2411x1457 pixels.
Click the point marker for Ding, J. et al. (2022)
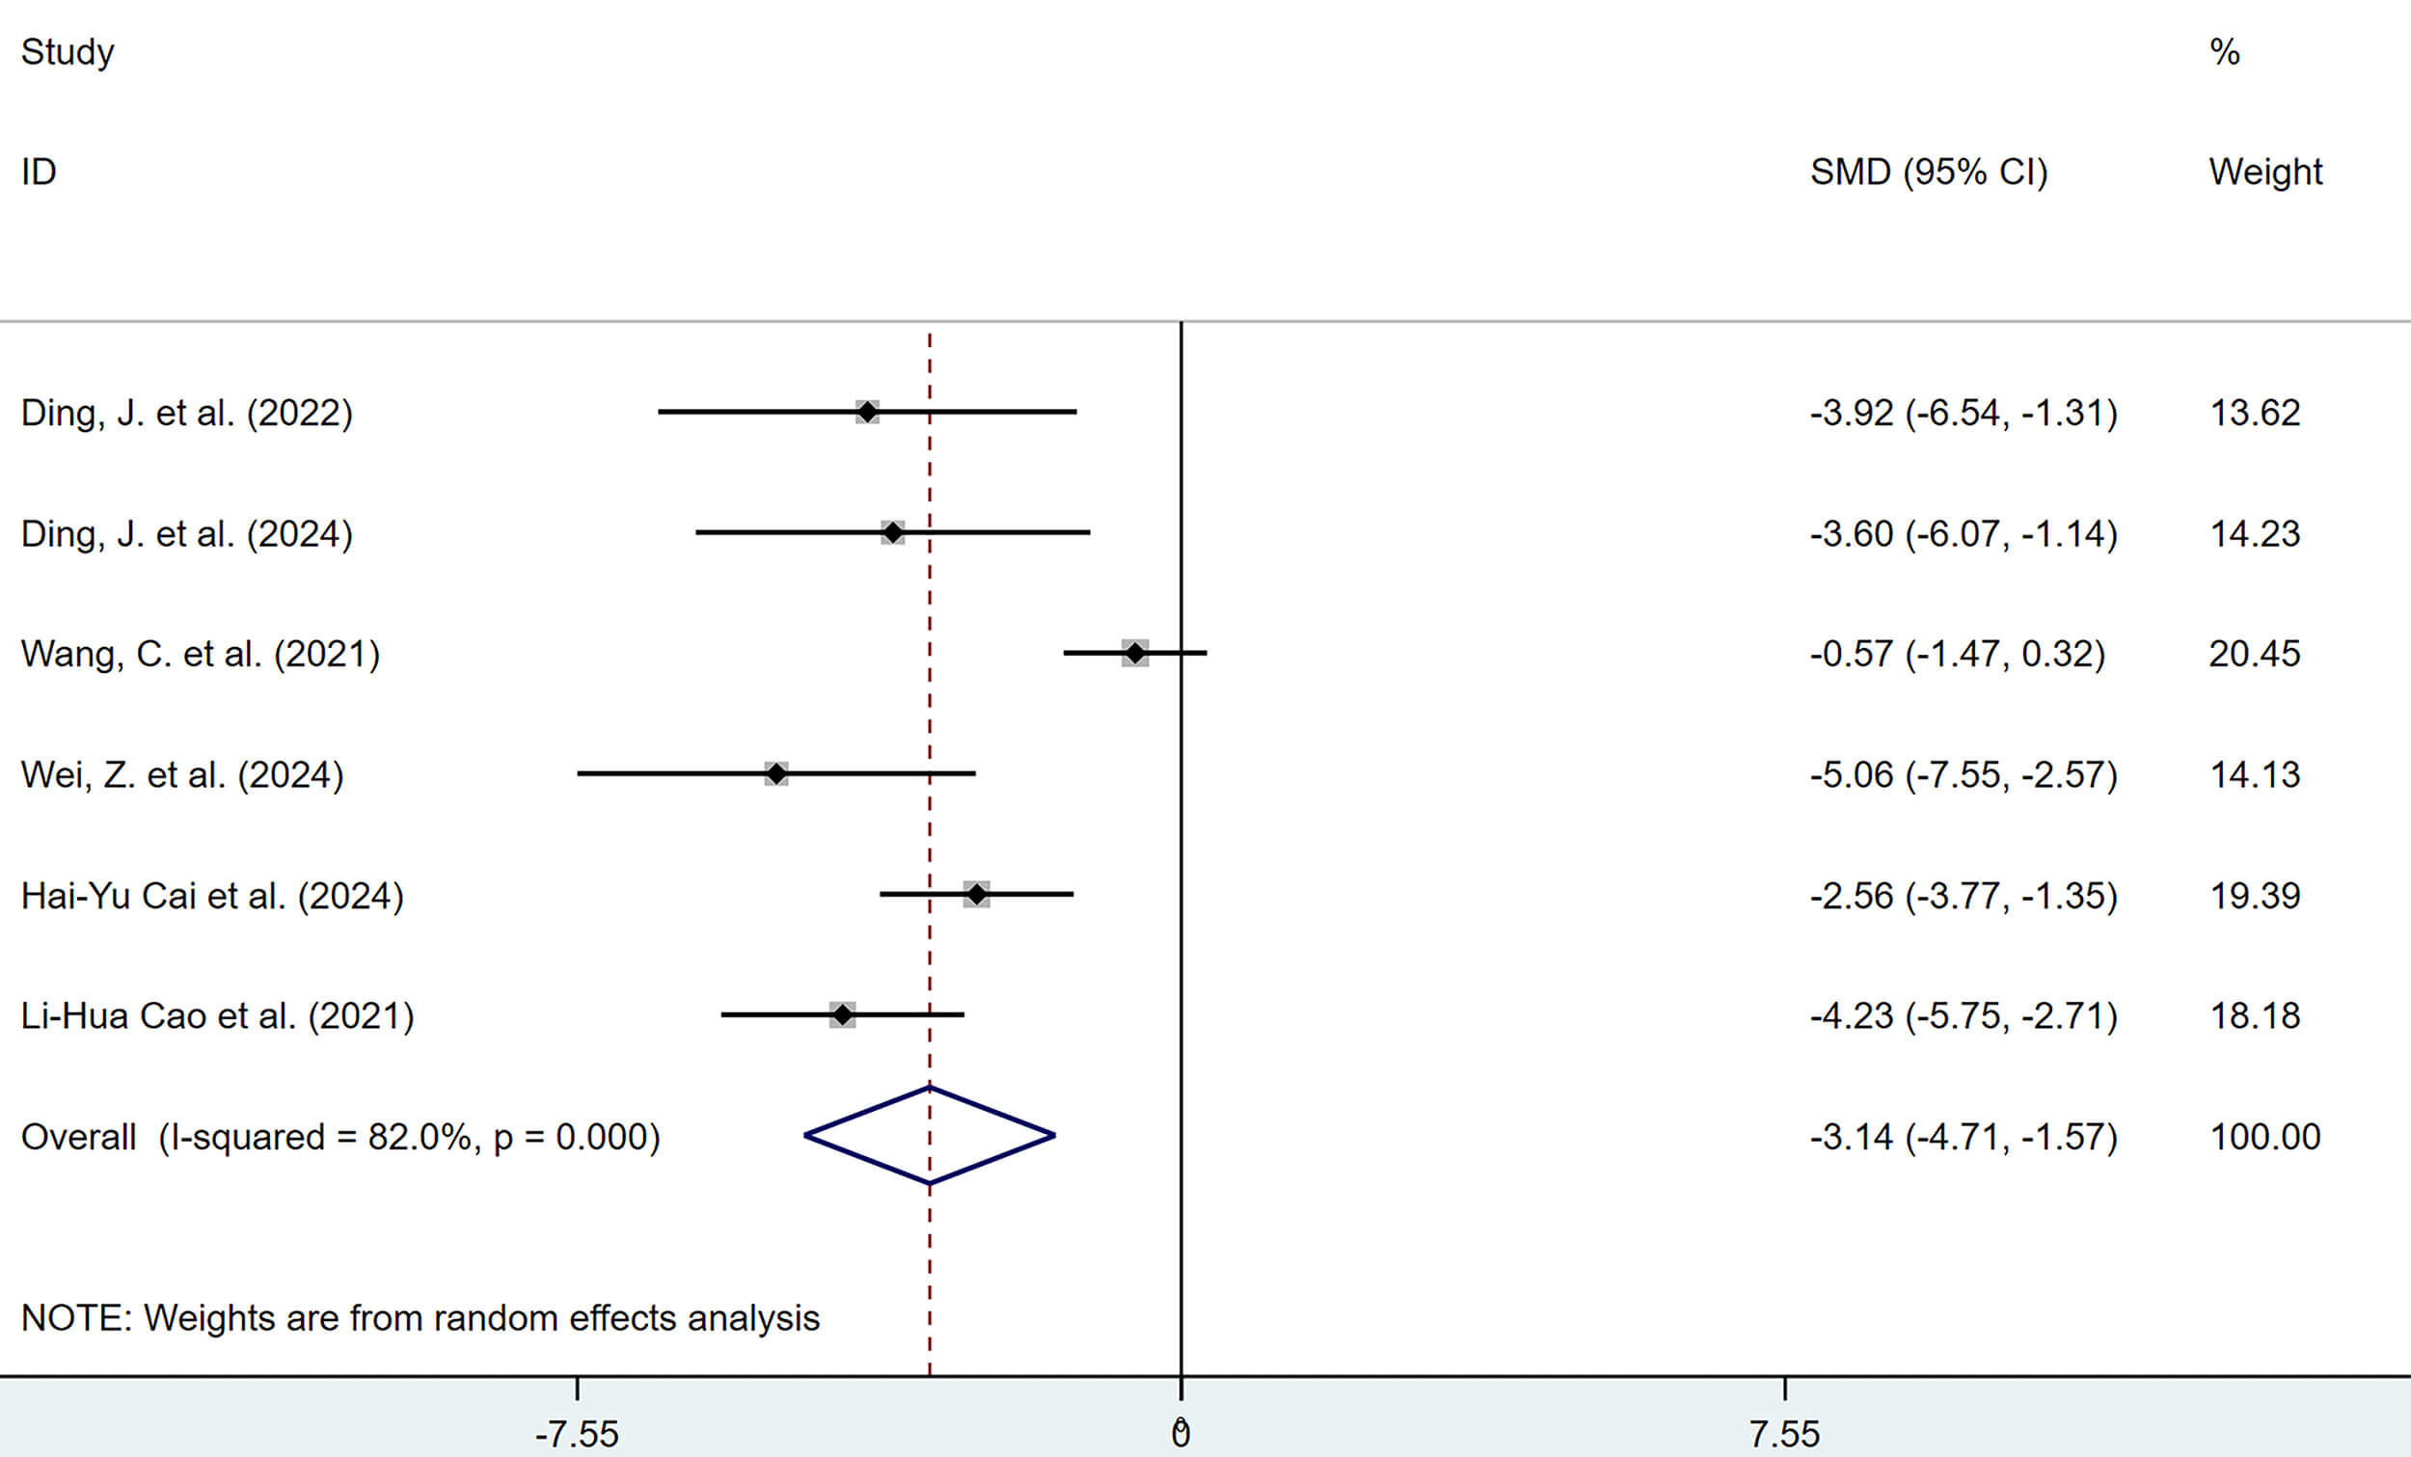pyautogui.click(x=867, y=412)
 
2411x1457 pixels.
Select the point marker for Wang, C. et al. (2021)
pyautogui.click(x=1135, y=653)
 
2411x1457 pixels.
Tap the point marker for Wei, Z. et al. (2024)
pyautogui.click(x=776, y=774)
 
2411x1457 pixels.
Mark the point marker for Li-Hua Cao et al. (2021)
pyautogui.click(x=843, y=1014)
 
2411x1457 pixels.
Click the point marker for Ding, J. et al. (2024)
pyautogui.click(x=892, y=532)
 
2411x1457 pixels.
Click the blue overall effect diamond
pyautogui.click(x=930, y=1136)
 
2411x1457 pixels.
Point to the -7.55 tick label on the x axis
pyautogui.click(x=578, y=1435)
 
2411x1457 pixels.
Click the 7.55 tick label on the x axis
pyautogui.click(x=1785, y=1435)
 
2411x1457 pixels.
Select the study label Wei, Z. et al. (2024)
pyautogui.click(x=182, y=775)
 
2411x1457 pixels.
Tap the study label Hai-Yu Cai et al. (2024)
pyautogui.click(x=212, y=896)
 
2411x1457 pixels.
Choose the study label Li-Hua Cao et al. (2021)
pyautogui.click(x=217, y=1015)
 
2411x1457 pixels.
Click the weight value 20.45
pyautogui.click(x=2255, y=654)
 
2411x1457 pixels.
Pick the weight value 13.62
pyautogui.click(x=2255, y=413)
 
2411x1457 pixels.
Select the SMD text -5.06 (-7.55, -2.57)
pyautogui.click(x=1963, y=775)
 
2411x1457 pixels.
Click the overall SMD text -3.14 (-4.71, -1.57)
pyautogui.click(x=1963, y=1137)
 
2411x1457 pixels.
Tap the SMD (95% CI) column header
pyautogui.click(x=1929, y=173)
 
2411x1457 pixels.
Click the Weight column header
pyautogui.click(x=2265, y=173)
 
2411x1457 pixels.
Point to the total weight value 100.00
pyautogui.click(x=2265, y=1137)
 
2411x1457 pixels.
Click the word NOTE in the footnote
pyautogui.click(x=75, y=1318)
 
